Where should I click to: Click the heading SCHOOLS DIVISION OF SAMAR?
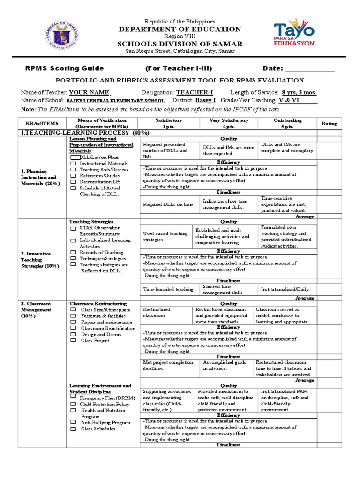point(180,44)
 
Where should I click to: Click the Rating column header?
point(329,123)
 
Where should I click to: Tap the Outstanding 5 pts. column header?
point(287,123)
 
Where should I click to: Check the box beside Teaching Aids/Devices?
point(73,169)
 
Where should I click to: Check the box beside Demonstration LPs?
point(73,181)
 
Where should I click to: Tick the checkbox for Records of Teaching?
point(73,252)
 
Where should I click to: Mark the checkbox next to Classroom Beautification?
point(73,328)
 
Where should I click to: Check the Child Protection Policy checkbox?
point(73,404)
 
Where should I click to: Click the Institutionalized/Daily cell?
point(285,289)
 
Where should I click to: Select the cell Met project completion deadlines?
point(168,365)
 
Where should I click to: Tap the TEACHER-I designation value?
point(195,92)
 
